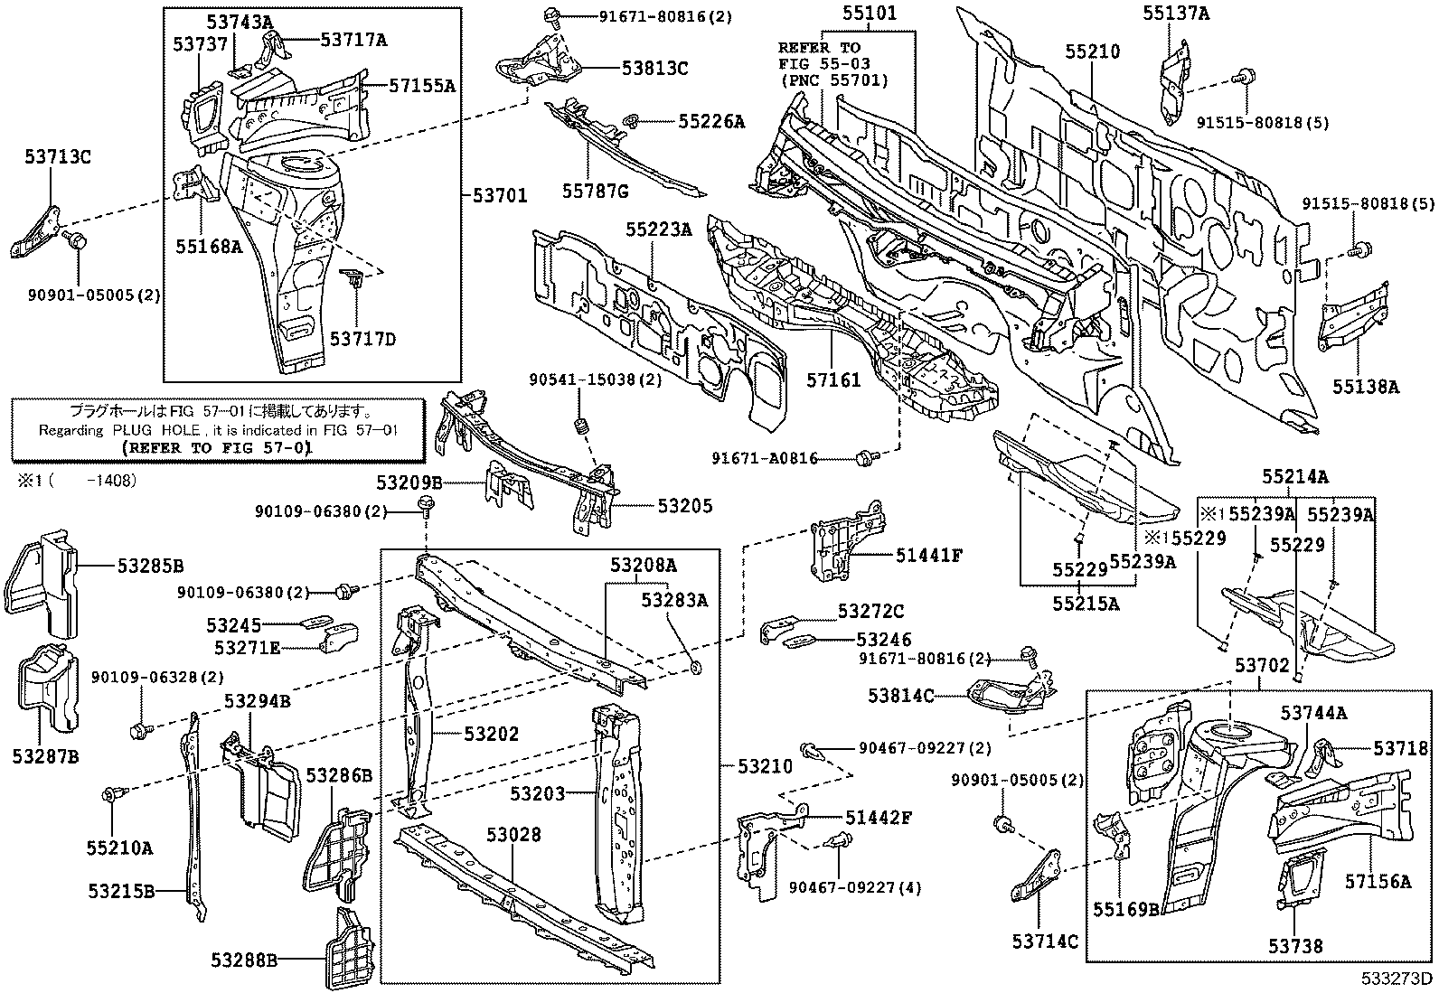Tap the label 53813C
click(654, 68)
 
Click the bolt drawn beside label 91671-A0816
click(863, 458)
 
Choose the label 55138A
click(1365, 387)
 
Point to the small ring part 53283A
click(696, 668)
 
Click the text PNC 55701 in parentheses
click(833, 80)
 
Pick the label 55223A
click(658, 230)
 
